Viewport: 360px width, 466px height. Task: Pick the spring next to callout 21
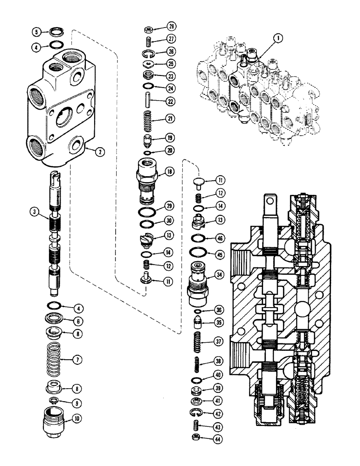(x=145, y=119)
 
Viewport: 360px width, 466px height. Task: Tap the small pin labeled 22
(x=145, y=101)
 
